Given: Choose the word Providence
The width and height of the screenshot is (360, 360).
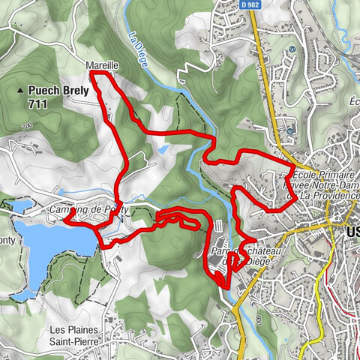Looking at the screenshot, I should (329, 195).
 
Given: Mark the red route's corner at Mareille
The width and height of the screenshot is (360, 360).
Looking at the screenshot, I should (91, 74).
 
